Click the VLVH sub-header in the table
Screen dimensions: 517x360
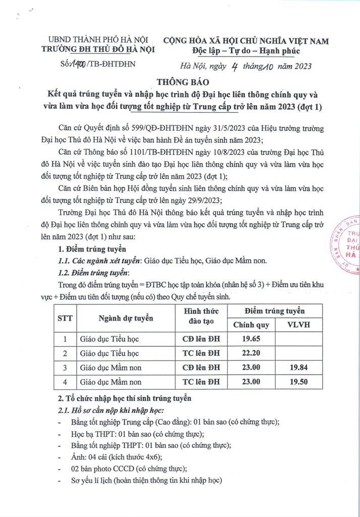pyautogui.click(x=297, y=325)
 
